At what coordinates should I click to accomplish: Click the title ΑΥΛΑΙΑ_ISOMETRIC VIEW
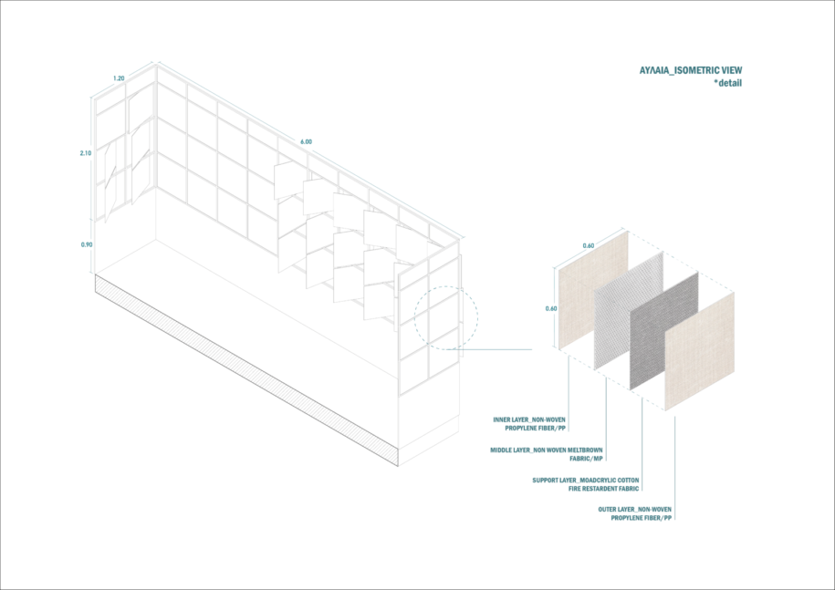691,70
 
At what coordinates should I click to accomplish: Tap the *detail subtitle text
727,83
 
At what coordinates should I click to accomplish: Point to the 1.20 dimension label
119,78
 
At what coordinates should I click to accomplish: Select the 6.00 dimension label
306,142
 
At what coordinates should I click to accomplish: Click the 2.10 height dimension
86,153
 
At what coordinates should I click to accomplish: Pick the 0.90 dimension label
87,244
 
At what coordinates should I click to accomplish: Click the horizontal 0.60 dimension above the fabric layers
589,246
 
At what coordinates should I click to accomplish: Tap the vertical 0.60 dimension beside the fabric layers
551,308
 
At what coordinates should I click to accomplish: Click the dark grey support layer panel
664,331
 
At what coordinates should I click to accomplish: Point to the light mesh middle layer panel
629,311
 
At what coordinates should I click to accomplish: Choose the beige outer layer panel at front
700,351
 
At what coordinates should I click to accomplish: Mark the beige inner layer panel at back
592,290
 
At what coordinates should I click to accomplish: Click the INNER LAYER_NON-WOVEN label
529,419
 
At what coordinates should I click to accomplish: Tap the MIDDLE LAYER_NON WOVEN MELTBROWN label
547,450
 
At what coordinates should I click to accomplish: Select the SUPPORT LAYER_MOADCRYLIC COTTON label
586,481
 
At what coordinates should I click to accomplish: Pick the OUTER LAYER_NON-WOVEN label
635,510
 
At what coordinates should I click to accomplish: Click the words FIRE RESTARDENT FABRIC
603,489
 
